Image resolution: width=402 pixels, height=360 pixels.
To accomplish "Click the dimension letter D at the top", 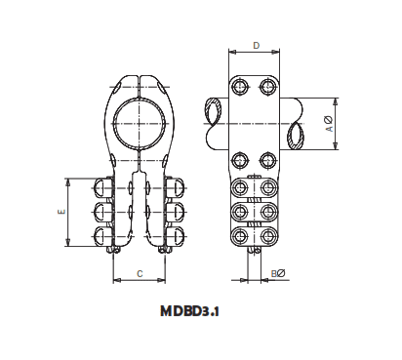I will (255, 44).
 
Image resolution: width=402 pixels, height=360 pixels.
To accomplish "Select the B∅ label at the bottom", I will (278, 274).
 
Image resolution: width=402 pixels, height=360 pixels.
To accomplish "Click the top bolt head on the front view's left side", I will (104, 187).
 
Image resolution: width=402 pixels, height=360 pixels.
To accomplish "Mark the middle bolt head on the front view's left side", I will (104, 211).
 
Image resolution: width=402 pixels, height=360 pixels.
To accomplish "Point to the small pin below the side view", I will (255, 252).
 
